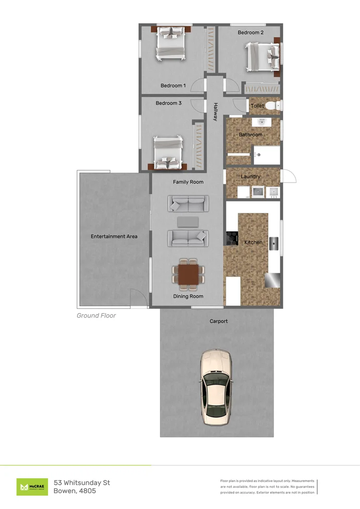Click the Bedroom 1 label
(173, 85)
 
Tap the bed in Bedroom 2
(262, 56)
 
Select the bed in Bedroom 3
(168, 152)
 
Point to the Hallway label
(216, 112)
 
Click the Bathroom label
(250, 135)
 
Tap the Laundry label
(250, 177)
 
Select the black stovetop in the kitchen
(232, 238)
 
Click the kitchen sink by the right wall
(274, 243)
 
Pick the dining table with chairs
(188, 275)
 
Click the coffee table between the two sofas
(188, 221)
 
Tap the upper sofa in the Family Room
(188, 204)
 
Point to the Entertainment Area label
(114, 236)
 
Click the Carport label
(219, 321)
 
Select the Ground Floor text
(96, 315)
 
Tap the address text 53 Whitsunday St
(82, 482)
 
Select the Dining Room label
(188, 296)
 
